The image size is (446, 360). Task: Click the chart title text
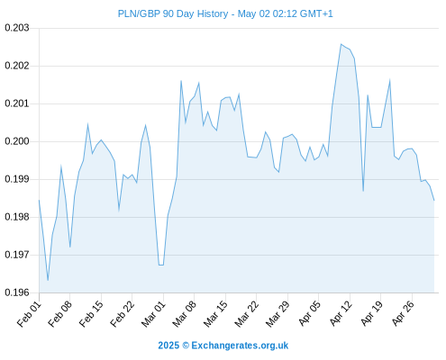(225, 13)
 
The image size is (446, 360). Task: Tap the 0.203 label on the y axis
(17, 28)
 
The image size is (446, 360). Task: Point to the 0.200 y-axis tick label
(17, 141)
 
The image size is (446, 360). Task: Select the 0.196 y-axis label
(17, 292)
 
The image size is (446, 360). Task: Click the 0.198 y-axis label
(17, 217)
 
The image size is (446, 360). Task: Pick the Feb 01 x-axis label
(29, 314)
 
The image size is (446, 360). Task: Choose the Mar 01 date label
(153, 314)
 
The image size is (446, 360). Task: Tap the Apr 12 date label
(341, 314)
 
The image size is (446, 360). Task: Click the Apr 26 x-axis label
(403, 314)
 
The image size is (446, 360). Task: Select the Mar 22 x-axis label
(247, 314)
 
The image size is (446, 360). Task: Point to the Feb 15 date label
(91, 314)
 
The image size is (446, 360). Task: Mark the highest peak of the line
(341, 44)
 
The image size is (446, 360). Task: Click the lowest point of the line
(48, 280)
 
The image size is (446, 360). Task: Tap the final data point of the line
(434, 200)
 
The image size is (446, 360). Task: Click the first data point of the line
(39, 200)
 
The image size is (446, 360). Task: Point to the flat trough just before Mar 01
(161, 265)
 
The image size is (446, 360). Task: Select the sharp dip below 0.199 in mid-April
(363, 191)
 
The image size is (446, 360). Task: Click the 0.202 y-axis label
(17, 66)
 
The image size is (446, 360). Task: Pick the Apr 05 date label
(309, 314)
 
